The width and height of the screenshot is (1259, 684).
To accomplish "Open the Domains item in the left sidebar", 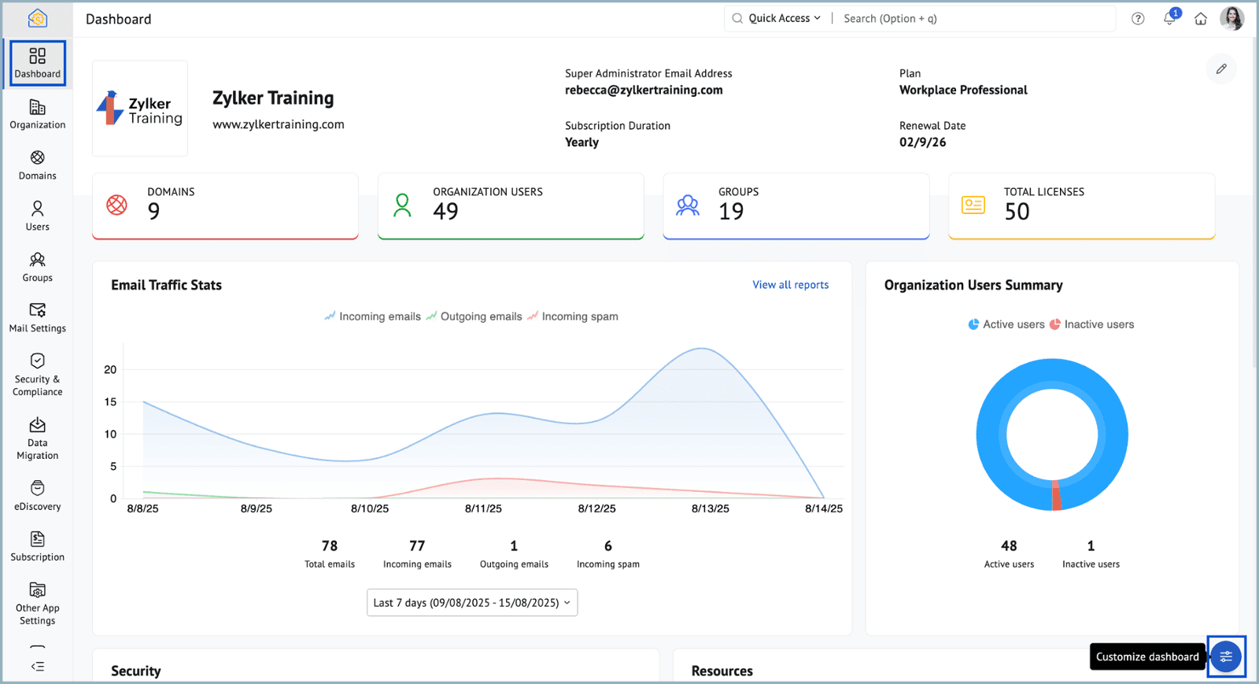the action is click(x=37, y=165).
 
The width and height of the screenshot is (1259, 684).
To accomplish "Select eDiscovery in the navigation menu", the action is click(x=37, y=495).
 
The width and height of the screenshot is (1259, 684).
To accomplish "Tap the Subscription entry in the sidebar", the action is click(x=37, y=546).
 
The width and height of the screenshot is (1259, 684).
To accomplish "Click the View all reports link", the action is click(x=790, y=285).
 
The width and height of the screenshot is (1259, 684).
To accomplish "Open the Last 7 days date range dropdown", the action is click(x=472, y=602).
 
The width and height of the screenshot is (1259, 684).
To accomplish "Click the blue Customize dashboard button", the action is click(x=1226, y=656).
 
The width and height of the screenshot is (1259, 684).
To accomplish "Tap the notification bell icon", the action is click(x=1169, y=19).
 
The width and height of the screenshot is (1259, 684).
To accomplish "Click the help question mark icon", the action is click(x=1138, y=19).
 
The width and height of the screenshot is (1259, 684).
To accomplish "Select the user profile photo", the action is click(x=1232, y=19).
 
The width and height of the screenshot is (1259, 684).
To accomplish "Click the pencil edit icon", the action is click(x=1221, y=69).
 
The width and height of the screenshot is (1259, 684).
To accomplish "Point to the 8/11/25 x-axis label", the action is click(x=483, y=508).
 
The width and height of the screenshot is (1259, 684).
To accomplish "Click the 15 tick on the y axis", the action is click(x=110, y=402).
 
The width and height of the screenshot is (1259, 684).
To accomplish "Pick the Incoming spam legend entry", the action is click(x=573, y=316).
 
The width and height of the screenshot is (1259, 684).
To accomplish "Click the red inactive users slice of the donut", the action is click(x=1056, y=496).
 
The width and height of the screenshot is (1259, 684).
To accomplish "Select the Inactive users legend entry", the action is click(x=1091, y=324).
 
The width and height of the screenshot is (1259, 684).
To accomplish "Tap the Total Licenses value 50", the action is click(x=1017, y=212).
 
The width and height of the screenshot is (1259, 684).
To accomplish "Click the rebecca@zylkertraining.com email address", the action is click(x=644, y=90).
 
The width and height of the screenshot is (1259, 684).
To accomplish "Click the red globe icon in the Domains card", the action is click(x=117, y=205).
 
